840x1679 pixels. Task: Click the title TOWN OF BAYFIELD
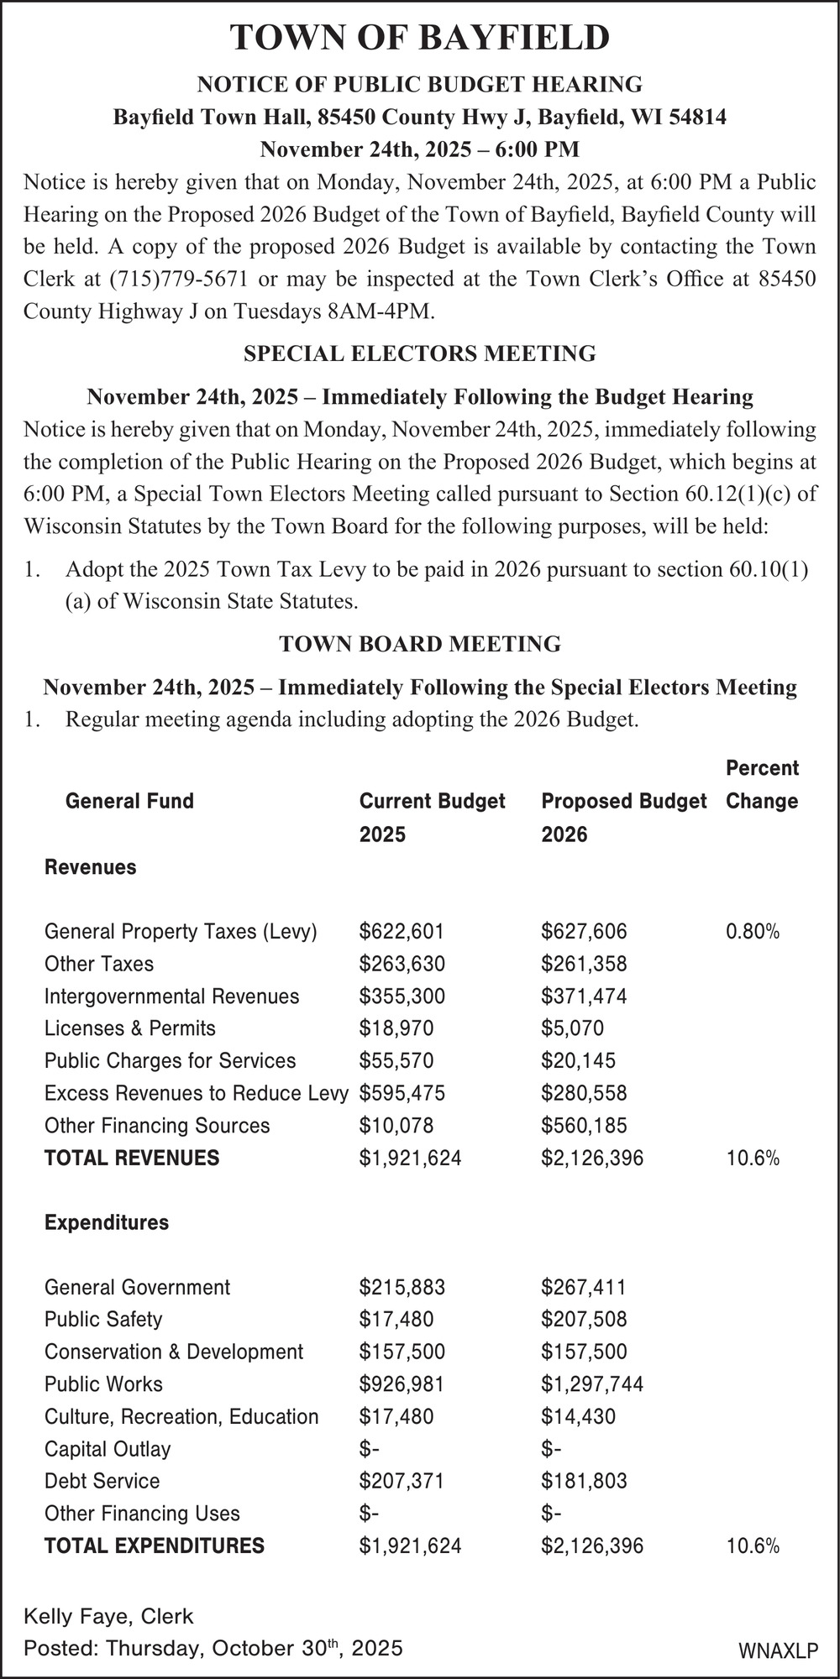[420, 39]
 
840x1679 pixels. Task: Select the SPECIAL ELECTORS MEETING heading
[420, 353]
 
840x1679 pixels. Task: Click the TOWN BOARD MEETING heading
[420, 644]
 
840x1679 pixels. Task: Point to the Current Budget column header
[432, 801]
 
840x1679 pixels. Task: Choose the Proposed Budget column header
[623, 801]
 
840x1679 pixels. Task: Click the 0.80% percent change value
[753, 931]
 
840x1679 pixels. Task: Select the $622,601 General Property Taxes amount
[402, 931]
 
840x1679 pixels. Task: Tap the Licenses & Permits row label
[130, 1028]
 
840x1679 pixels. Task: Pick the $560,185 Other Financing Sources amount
[584, 1126]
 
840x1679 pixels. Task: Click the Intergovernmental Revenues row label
[171, 996]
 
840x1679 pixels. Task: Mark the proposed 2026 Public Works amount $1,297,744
[592, 1384]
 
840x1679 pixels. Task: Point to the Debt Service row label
[102, 1481]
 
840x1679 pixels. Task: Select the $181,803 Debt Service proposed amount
[584, 1481]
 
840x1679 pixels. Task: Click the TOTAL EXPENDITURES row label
[154, 1546]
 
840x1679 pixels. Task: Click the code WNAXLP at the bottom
[778, 1651]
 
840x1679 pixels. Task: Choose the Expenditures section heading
[107, 1222]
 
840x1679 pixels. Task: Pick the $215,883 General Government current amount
[402, 1287]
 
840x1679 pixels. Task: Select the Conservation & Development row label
[174, 1352]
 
